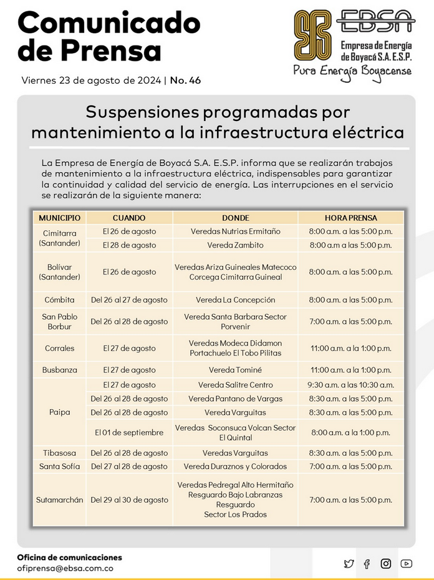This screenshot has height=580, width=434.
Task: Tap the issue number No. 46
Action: coord(185,80)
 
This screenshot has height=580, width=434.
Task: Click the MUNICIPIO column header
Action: coord(59,218)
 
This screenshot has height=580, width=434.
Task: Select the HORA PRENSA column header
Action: coord(350,218)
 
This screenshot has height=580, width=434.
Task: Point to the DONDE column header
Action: coord(235,218)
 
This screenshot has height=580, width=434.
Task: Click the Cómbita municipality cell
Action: coord(59,300)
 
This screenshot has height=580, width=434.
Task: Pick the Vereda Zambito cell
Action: coord(235,245)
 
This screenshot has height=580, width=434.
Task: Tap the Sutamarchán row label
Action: coord(59,500)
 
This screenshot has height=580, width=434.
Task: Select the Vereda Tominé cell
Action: coord(235,370)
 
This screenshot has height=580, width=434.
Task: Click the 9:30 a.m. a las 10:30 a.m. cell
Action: coord(350,385)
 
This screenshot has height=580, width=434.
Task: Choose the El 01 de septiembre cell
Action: coord(129,432)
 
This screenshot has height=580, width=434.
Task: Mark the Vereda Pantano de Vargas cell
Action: coord(235,399)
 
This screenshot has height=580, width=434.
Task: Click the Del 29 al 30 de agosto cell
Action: coord(129,500)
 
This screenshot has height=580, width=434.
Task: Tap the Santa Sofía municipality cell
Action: coord(59,466)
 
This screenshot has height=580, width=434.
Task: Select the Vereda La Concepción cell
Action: coord(235,300)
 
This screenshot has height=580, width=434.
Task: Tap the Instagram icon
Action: coord(386,564)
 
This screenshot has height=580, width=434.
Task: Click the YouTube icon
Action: coord(407,564)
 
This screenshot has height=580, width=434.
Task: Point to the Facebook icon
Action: coord(367,564)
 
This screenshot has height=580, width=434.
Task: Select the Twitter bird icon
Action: coord(349,564)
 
